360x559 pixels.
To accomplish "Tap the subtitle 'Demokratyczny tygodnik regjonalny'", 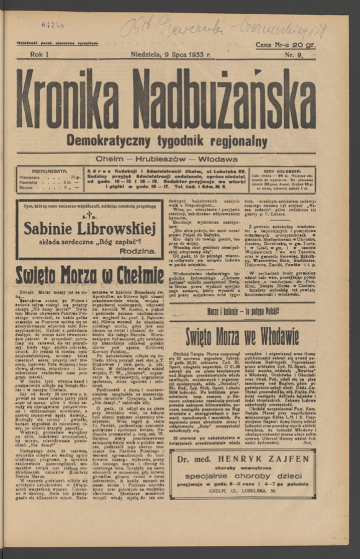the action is (x=167, y=141).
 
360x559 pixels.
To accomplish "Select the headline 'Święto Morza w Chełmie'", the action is (x=90, y=275).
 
